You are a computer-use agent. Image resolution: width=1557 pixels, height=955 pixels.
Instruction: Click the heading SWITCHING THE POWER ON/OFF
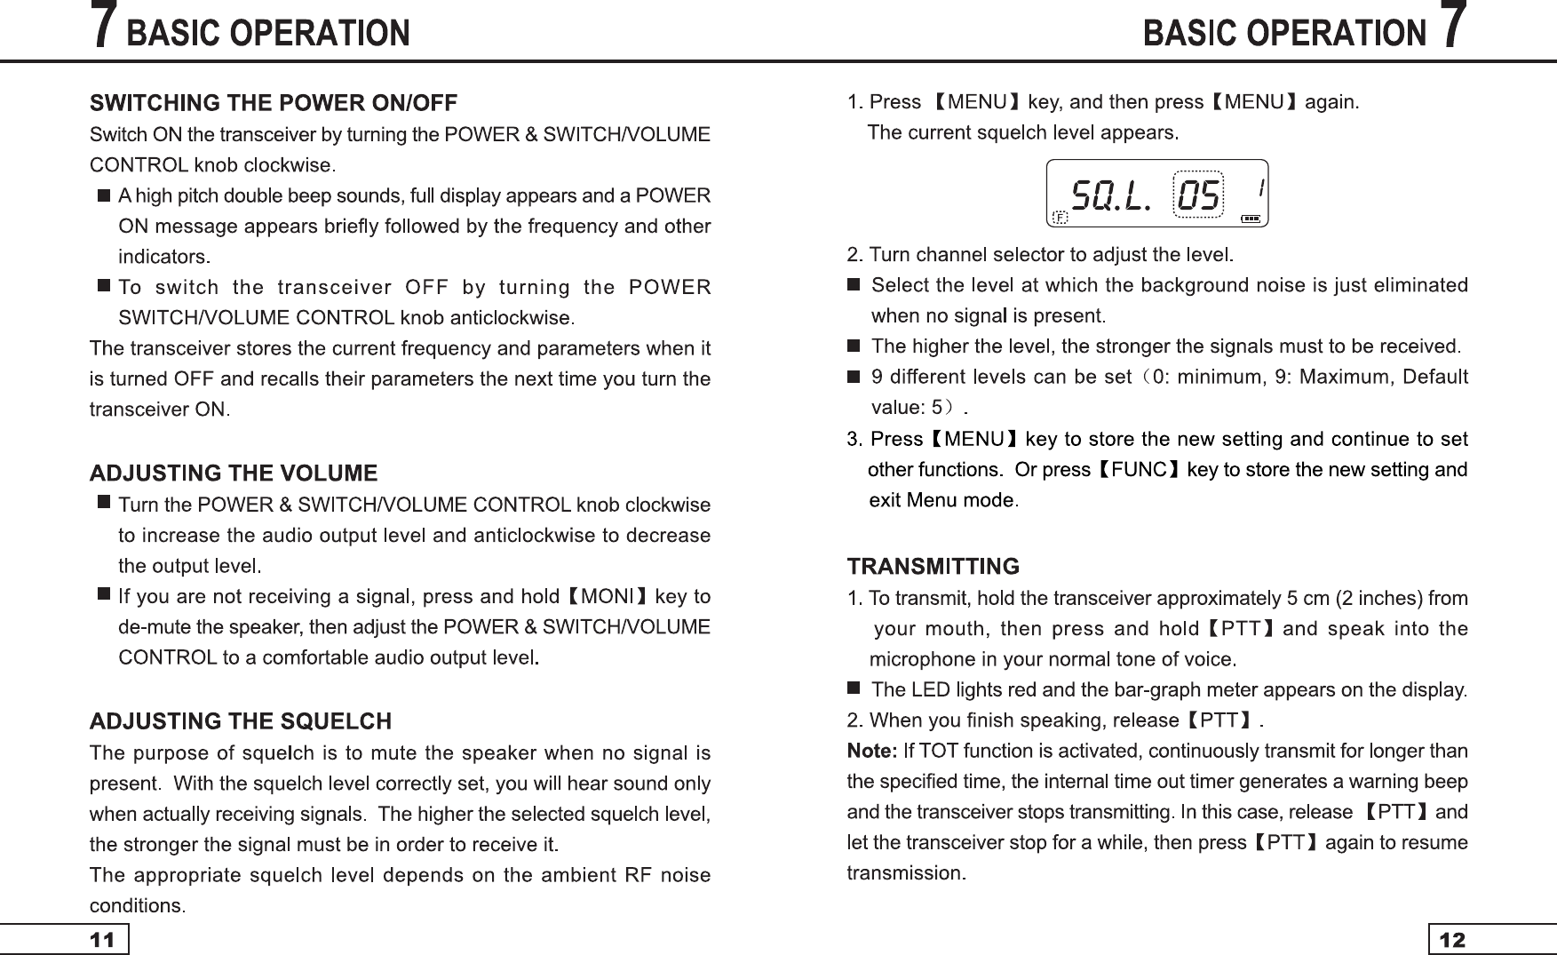tap(274, 103)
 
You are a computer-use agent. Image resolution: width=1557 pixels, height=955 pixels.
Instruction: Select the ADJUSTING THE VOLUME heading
tap(234, 473)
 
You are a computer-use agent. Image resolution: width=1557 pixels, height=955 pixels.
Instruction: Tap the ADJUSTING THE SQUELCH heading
tap(241, 720)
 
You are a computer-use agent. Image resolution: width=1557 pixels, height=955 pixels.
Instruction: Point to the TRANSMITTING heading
tap(933, 566)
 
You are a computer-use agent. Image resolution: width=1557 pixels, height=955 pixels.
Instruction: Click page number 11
tap(103, 940)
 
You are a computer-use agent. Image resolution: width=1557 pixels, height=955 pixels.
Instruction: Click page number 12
tap(1453, 940)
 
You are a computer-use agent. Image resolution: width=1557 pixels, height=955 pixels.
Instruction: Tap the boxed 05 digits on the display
tap(1198, 195)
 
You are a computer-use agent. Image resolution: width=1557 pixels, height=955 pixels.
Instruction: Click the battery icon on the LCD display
tap(1250, 218)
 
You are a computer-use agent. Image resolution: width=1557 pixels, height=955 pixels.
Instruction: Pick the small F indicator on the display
tap(1059, 217)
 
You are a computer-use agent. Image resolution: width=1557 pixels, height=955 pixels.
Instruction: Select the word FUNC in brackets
tap(1139, 469)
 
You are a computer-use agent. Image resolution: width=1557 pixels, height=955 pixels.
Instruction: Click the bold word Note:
tap(872, 752)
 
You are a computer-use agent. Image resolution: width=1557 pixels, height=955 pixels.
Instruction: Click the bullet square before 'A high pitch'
tap(103, 195)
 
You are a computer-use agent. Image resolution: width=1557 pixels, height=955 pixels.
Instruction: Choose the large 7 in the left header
tap(105, 27)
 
